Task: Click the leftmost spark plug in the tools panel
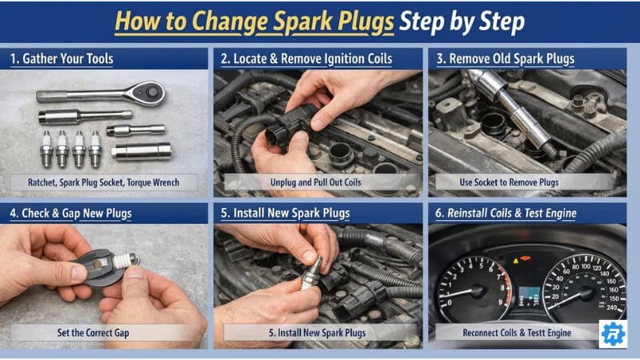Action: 46,148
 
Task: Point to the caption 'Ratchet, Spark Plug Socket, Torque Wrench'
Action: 107,182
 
